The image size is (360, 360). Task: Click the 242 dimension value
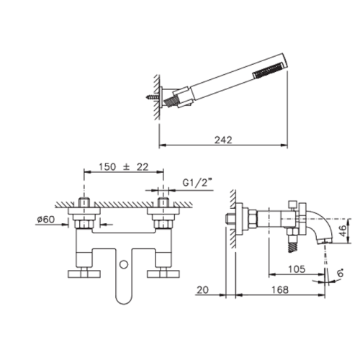coord(223,140)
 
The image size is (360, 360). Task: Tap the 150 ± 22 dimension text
coord(124,167)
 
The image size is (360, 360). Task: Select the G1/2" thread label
coord(198,183)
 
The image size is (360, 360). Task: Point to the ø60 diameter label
coord(46,219)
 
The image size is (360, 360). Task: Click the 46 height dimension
coord(344,230)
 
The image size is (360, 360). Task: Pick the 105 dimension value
coord(297,269)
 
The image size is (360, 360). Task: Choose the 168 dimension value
coord(280,289)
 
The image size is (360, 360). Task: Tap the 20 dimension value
coord(203,289)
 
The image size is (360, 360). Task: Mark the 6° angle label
coord(341,273)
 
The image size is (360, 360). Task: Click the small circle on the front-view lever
coord(124,264)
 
